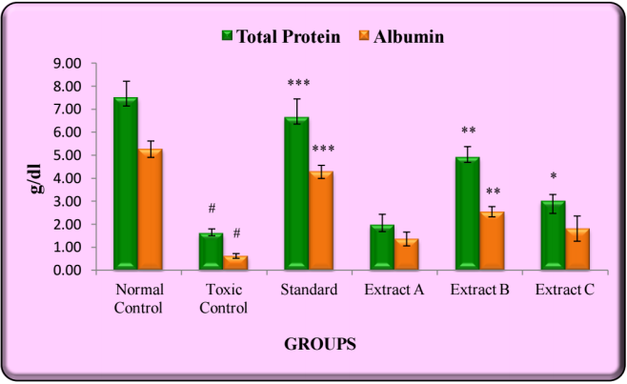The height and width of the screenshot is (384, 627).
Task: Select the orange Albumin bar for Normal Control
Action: click(151, 209)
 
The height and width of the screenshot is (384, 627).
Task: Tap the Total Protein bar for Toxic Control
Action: click(211, 250)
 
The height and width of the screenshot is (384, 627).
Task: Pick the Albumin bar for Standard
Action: click(321, 220)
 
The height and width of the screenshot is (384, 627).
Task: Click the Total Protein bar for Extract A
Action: click(381, 247)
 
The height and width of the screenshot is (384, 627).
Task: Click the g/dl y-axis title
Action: click(35, 168)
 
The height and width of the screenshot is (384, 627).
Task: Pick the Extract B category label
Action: click(479, 290)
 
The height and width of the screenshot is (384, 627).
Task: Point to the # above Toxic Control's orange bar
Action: click(236, 234)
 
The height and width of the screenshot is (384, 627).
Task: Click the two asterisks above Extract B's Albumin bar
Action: click(493, 192)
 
